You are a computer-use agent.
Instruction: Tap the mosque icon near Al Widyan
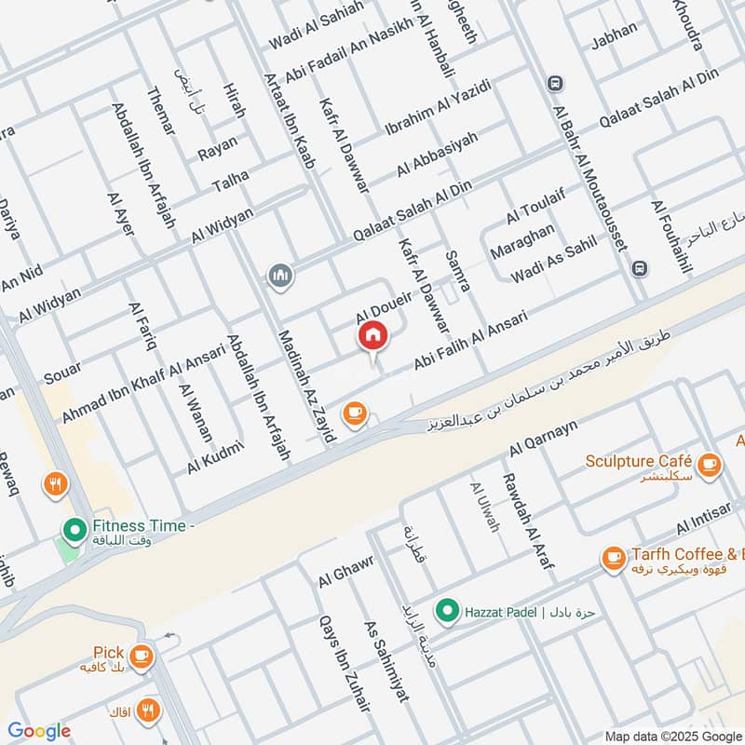point(279,276)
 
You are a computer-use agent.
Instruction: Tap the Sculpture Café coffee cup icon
point(709,463)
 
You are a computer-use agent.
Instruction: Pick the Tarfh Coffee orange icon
point(613,558)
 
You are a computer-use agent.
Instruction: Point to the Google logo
point(39,731)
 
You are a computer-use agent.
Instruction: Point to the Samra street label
point(458,272)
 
